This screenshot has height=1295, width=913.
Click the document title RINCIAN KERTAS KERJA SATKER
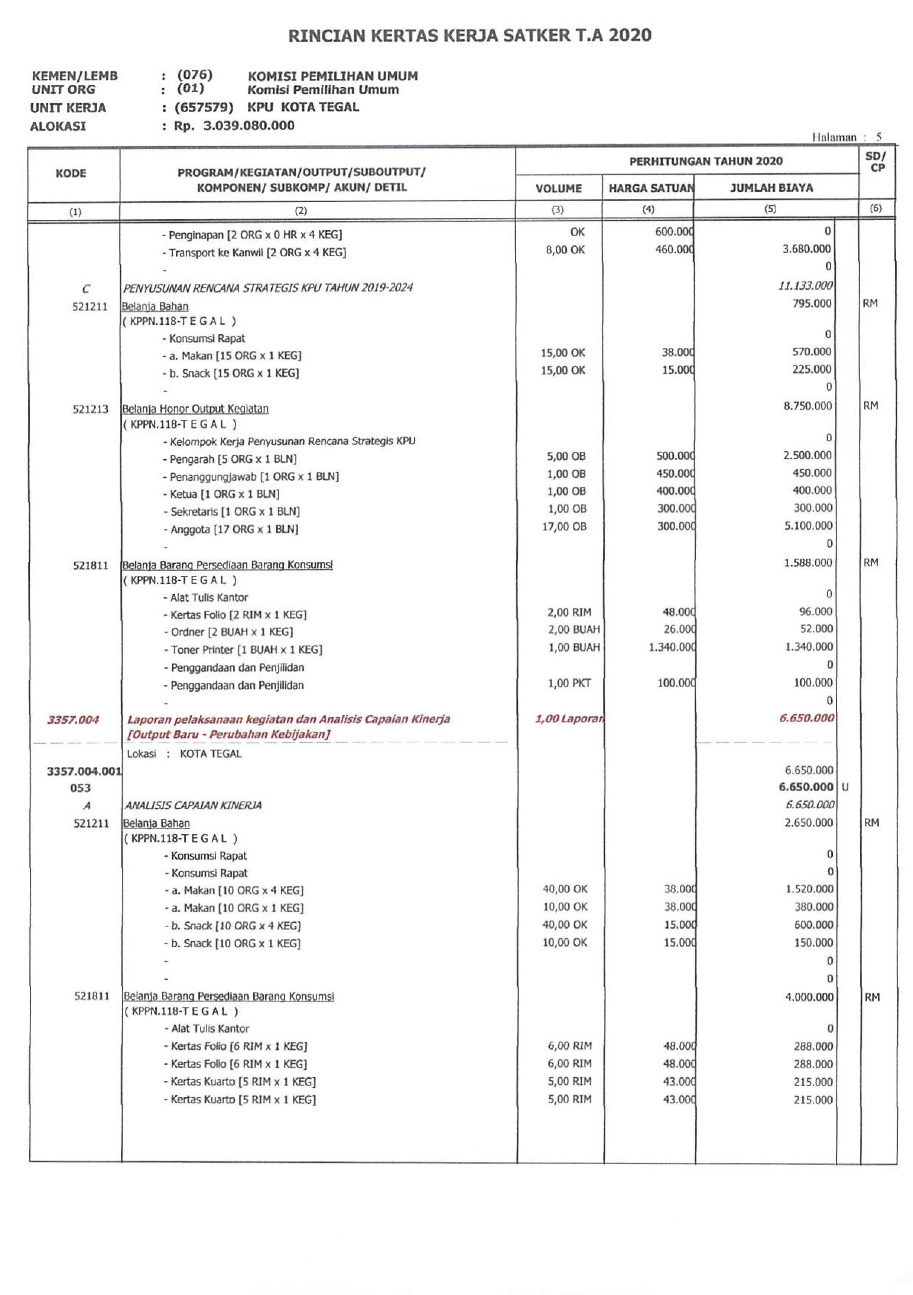469,36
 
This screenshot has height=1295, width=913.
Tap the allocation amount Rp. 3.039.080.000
234,126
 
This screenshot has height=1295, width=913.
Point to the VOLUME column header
558,188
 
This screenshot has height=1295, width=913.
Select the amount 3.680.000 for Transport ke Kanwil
806,249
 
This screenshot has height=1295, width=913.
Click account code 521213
90,409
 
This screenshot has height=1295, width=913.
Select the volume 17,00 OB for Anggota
564,526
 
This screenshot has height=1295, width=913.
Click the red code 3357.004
73,719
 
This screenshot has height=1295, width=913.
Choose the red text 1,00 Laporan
568,718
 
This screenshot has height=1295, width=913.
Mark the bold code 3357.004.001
84,771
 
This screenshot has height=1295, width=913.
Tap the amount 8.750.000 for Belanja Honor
807,406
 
